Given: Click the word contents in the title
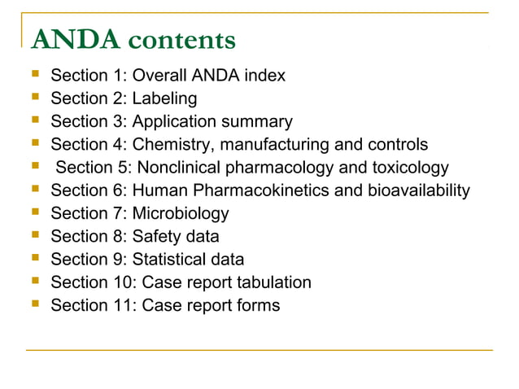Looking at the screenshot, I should [x=181, y=39].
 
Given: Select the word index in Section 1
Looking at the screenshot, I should [x=265, y=76].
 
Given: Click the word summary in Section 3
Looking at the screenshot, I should [x=258, y=122].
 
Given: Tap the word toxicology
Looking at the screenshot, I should [x=408, y=168].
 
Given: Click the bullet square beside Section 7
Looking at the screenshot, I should [x=34, y=214].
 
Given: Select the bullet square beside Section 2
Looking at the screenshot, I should [x=34, y=99].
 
